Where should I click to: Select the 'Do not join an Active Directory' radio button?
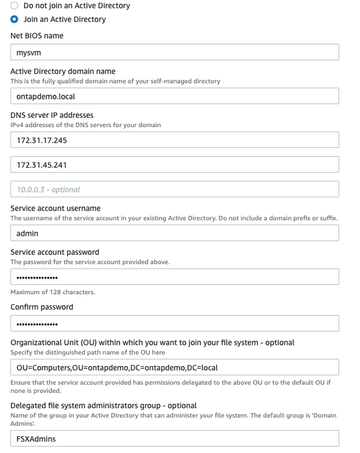click(x=14, y=6)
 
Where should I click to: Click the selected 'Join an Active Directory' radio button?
click(x=14, y=19)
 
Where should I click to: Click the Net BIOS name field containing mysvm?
click(x=175, y=52)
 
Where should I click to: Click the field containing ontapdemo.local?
click(x=175, y=96)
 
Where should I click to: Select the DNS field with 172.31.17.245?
click(x=175, y=140)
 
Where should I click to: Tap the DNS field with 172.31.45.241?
click(x=175, y=165)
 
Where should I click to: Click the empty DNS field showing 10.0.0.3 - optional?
click(x=175, y=189)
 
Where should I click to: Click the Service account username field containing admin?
click(x=175, y=233)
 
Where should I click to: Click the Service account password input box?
click(x=175, y=277)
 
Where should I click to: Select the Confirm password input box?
click(x=175, y=324)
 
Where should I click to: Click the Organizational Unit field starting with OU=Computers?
click(x=175, y=367)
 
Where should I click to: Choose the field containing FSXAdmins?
click(x=175, y=439)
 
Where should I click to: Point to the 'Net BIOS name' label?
click(x=37, y=36)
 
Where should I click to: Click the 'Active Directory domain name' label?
click(x=63, y=72)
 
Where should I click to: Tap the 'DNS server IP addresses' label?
click(x=52, y=115)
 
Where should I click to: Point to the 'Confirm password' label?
click(x=41, y=307)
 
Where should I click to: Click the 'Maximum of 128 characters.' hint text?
click(x=52, y=292)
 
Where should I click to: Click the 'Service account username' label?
click(x=55, y=208)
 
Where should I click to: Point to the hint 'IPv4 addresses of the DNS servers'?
click(x=85, y=125)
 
